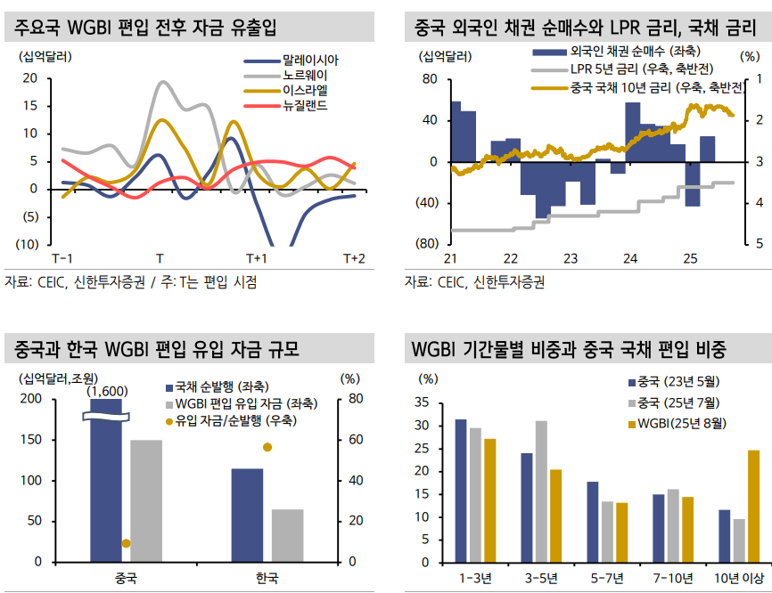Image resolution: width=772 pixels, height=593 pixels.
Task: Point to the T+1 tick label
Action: (x=256, y=258)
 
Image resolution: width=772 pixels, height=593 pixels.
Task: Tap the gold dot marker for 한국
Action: (x=267, y=447)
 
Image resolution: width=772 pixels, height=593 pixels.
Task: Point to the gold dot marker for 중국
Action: (x=126, y=543)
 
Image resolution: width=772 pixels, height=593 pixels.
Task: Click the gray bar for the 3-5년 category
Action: (x=541, y=493)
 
